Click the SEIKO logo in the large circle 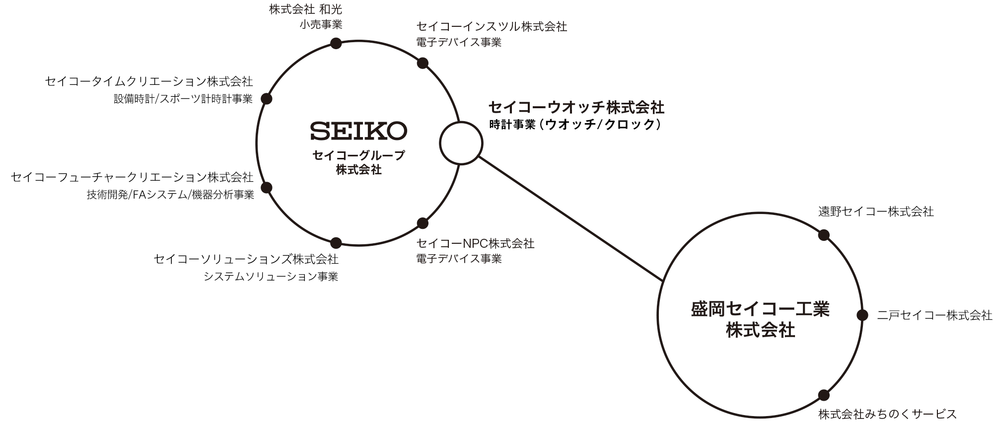(358, 131)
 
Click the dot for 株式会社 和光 (336, 43)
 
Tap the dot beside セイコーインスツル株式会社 (423, 63)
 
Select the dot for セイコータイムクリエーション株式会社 (267, 99)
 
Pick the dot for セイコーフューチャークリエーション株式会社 (267, 187)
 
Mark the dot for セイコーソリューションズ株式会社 (336, 243)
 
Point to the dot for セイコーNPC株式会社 (423, 223)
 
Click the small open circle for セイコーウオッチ (461, 143)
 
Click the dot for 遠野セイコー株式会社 (824, 235)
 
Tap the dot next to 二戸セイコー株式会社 (862, 315)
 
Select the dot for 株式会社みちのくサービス (824, 395)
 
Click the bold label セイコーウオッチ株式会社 (576, 107)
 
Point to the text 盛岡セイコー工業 (760, 310)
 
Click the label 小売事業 (321, 25)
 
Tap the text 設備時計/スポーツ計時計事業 (183, 99)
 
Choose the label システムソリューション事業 (271, 277)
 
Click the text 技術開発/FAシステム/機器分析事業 (170, 195)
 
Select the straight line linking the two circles (571, 219)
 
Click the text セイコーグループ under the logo (358, 155)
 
